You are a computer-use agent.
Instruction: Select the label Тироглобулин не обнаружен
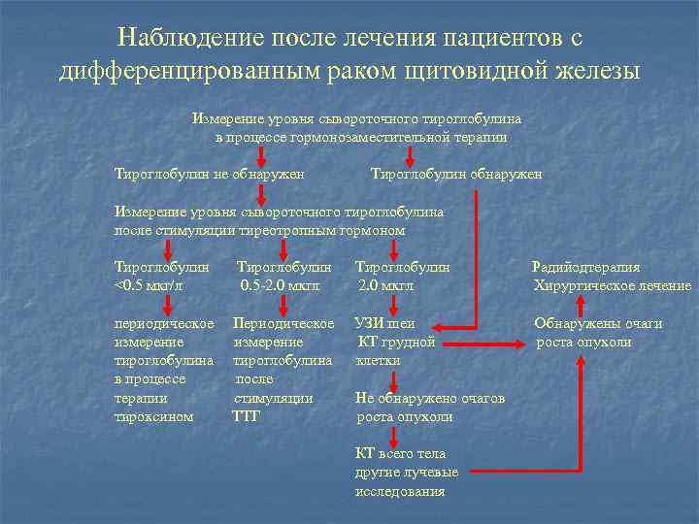click(x=209, y=174)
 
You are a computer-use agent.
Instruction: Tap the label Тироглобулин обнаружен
click(x=456, y=174)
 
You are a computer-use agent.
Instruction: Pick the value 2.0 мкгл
click(x=385, y=285)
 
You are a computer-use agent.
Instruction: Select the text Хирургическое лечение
click(x=612, y=285)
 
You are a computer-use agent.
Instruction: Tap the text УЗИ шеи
click(x=386, y=323)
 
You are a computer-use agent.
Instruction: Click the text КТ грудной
click(x=397, y=342)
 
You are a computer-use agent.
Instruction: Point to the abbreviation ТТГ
click(x=247, y=416)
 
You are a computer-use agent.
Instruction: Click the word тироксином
click(x=153, y=416)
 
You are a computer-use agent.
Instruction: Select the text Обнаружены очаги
click(x=598, y=323)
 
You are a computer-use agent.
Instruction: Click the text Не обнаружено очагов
click(x=430, y=398)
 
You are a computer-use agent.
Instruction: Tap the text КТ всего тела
click(x=400, y=453)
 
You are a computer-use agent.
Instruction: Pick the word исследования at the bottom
click(x=400, y=491)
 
